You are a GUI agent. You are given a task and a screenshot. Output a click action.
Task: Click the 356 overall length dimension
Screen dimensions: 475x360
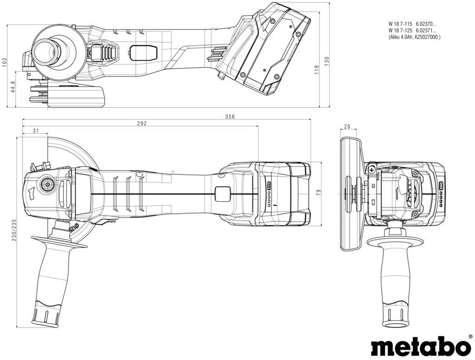(x=230, y=117)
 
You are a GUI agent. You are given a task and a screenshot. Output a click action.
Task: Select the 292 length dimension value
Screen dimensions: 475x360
(x=142, y=124)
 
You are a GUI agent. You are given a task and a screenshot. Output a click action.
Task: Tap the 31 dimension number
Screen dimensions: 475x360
(x=36, y=131)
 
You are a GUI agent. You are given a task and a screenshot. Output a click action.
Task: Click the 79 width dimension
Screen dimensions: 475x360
(x=319, y=192)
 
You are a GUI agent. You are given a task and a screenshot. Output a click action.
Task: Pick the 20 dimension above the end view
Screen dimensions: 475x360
(x=347, y=127)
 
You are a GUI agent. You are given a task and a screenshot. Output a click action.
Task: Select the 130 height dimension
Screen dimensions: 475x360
(x=326, y=62)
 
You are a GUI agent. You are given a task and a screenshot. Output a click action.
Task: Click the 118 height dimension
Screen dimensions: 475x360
(x=317, y=70)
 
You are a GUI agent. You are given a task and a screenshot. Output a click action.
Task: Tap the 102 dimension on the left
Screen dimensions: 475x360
(x=4, y=62)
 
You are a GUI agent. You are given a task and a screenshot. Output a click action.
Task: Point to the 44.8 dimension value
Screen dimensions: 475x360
(x=13, y=87)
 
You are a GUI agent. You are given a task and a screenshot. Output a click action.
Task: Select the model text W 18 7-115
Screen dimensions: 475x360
(x=400, y=23)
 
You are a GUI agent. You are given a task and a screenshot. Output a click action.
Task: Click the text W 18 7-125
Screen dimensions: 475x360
(x=400, y=30)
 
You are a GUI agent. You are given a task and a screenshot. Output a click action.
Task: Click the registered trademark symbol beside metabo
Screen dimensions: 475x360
(x=470, y=336)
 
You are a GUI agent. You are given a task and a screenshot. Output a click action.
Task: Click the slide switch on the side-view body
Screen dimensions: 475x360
(x=143, y=52)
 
